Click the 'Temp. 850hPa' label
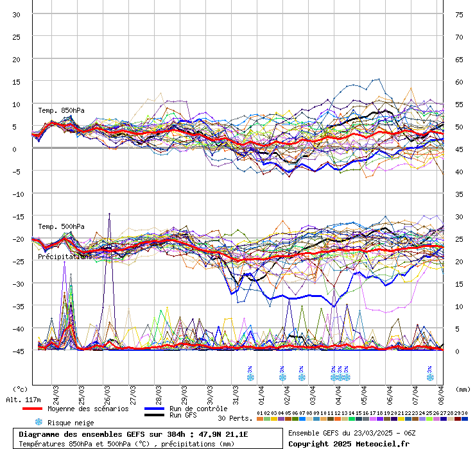(61, 110)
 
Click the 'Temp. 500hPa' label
(61, 226)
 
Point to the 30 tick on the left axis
(17, 14)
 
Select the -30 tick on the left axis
(17, 284)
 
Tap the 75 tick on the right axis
(459, 14)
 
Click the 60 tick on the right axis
(459, 82)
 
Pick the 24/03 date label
(56, 392)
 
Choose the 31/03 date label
(236, 392)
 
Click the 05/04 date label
(365, 392)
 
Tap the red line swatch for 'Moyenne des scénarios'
(32, 409)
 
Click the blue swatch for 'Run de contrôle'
(154, 409)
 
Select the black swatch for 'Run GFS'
(154, 415)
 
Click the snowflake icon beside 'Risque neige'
(39, 422)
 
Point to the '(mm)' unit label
(463, 389)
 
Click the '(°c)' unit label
(21, 389)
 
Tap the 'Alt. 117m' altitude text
(23, 400)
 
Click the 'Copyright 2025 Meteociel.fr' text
(349, 443)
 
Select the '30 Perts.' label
(234, 418)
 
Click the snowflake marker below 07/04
(430, 377)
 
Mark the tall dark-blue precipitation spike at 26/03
(109, 216)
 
